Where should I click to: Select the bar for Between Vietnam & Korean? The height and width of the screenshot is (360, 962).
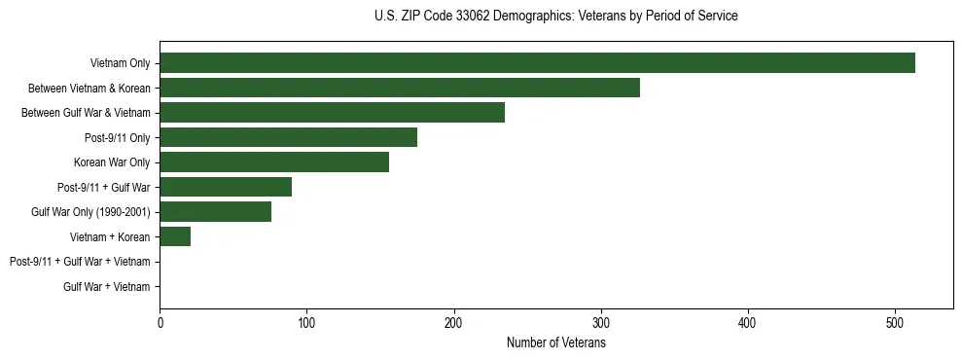(x=400, y=88)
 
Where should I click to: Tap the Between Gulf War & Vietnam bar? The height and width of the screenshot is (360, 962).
(x=332, y=113)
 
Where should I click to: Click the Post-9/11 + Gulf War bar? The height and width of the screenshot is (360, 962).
(x=226, y=187)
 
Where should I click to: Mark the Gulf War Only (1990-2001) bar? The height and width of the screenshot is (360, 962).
(x=215, y=212)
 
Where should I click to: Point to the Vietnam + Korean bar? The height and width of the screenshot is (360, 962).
(x=175, y=236)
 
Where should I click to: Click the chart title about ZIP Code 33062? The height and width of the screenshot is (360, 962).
(x=555, y=17)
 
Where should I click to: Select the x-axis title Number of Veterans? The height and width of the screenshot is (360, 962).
(x=555, y=342)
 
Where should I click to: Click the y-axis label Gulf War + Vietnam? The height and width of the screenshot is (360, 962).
(x=107, y=287)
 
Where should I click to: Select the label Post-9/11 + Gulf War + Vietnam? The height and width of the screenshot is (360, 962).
(x=80, y=262)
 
